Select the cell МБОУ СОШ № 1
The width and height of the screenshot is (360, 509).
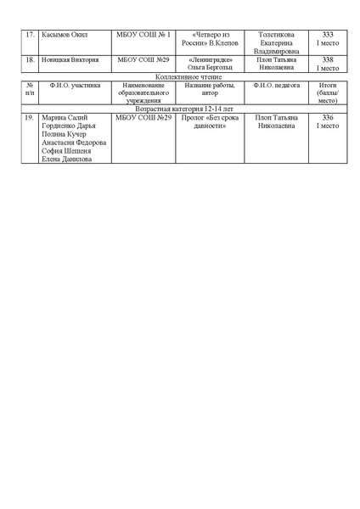point(143,34)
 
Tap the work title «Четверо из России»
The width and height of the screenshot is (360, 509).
point(209,34)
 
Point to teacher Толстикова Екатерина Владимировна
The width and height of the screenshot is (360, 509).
point(276,42)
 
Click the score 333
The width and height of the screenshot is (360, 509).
point(328,34)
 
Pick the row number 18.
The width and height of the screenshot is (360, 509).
point(30,60)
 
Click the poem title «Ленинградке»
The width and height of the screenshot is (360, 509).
point(209,60)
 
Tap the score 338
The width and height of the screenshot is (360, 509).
point(328,60)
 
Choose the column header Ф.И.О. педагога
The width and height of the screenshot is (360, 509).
point(276,85)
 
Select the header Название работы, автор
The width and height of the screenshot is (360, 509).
point(209,89)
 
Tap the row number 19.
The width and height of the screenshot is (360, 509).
point(30,117)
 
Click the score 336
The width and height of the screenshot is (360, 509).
point(328,117)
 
